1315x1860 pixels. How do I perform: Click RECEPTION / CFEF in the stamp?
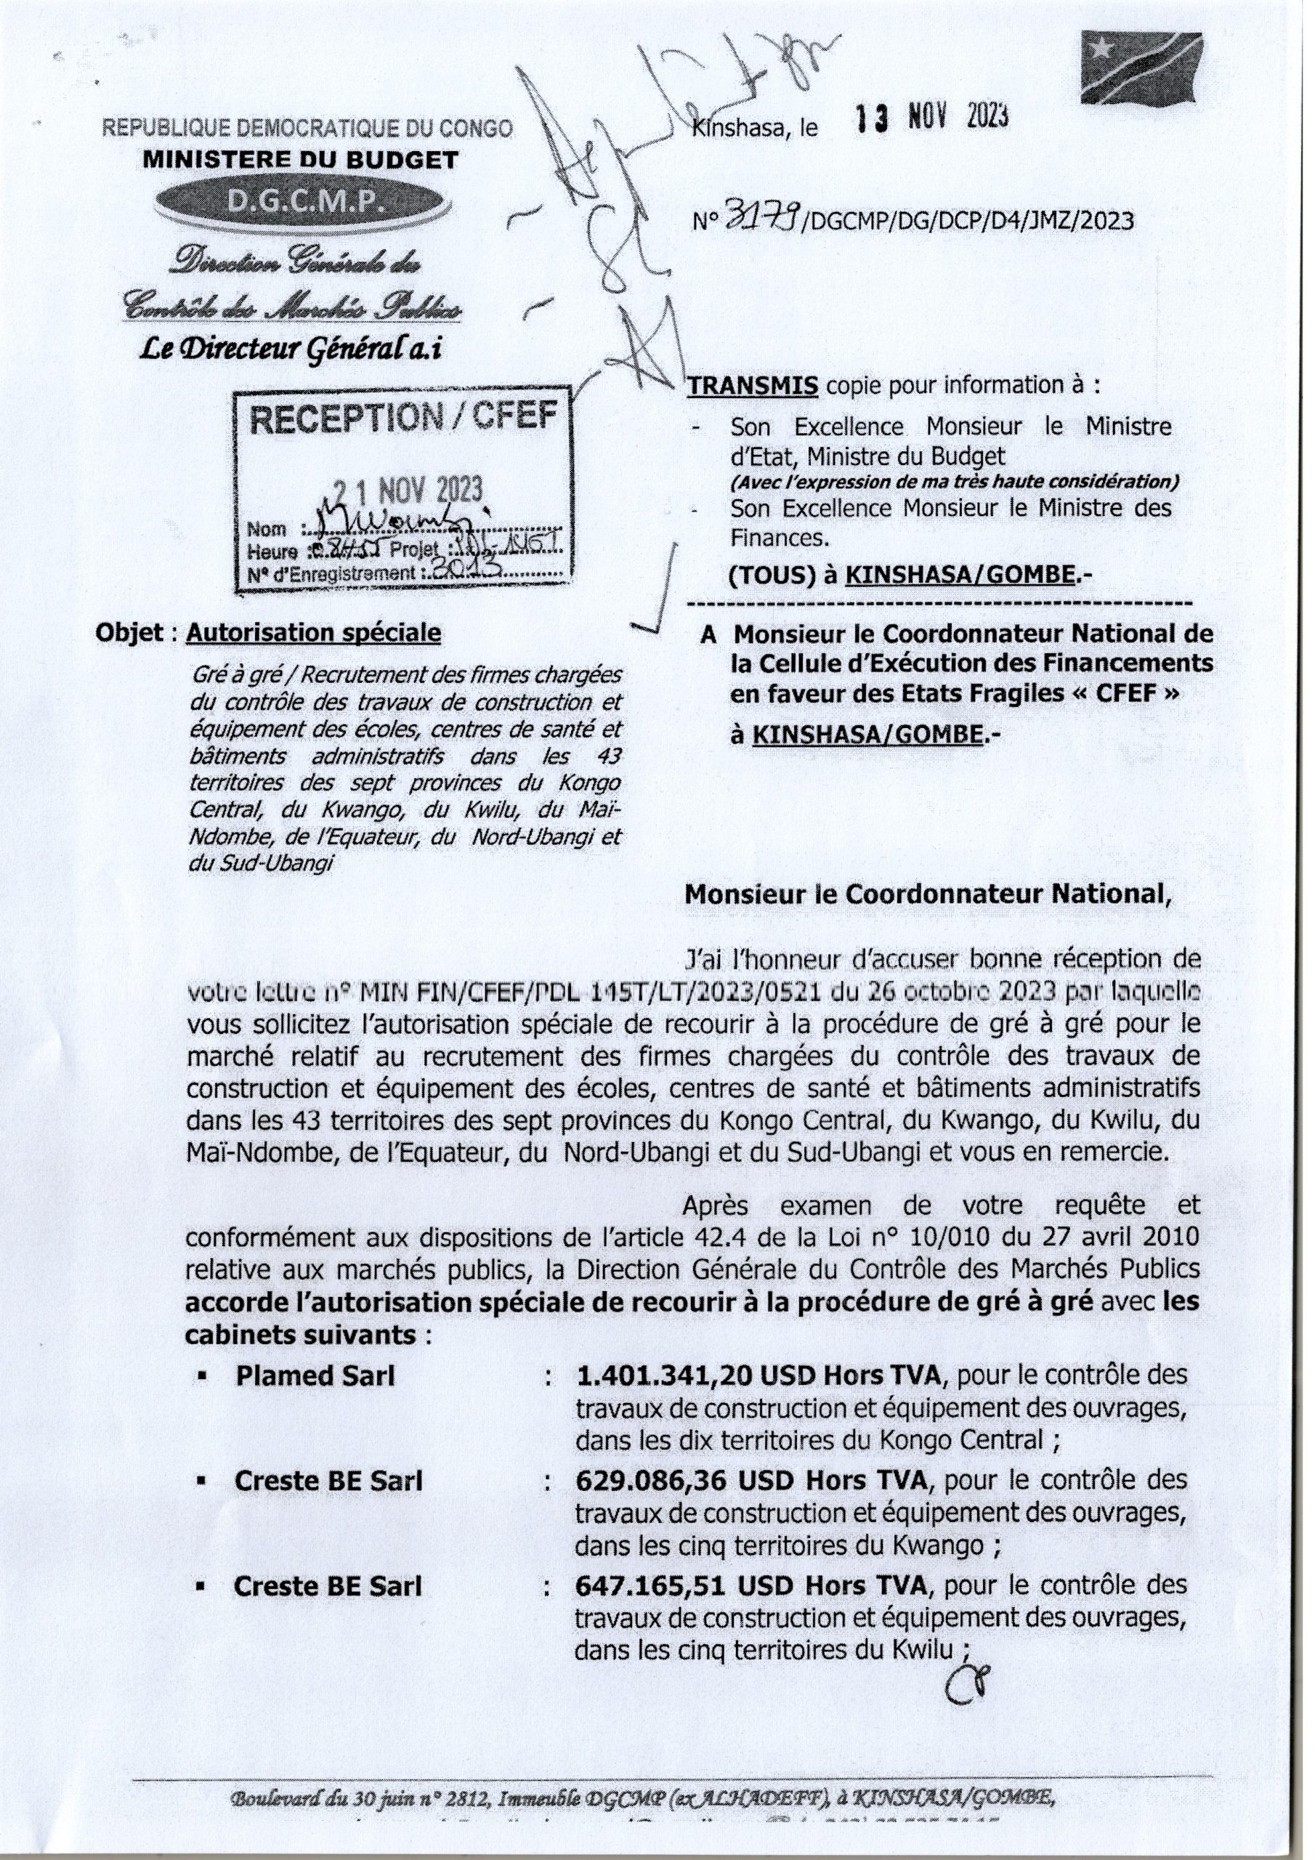[x=403, y=418]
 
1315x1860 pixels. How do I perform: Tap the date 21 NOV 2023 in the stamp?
[x=408, y=491]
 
